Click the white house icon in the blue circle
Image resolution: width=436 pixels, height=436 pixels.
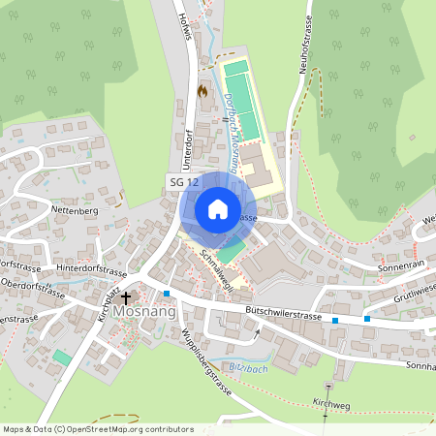click(217, 208)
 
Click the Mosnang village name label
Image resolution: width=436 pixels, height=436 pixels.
click(143, 313)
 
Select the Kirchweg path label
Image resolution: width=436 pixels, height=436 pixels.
click(329, 402)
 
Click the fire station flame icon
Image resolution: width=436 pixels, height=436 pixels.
click(202, 90)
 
